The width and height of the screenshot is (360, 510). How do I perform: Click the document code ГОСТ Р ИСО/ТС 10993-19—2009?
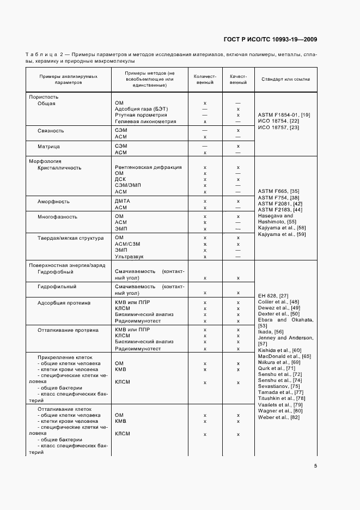tap(270, 39)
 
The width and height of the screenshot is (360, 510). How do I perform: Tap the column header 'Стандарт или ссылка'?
tap(285, 79)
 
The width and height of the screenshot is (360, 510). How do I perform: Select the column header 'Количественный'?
tap(205, 79)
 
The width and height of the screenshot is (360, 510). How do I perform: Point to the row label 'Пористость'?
tap(43, 96)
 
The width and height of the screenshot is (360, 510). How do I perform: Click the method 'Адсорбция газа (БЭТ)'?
tap(142, 109)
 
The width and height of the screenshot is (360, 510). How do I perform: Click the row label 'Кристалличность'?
tap(59, 168)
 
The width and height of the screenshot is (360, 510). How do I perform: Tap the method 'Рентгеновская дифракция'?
tap(148, 168)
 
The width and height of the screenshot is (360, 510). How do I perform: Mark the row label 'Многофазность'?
tap(57, 217)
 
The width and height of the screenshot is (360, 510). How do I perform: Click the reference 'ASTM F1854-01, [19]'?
tap(284, 114)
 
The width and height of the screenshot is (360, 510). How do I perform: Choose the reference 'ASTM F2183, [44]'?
tap(280, 210)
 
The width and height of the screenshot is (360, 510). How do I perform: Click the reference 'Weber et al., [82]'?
tap(279, 417)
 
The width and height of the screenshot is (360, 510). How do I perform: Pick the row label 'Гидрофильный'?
tap(57, 287)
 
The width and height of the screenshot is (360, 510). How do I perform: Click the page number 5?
tap(315, 466)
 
